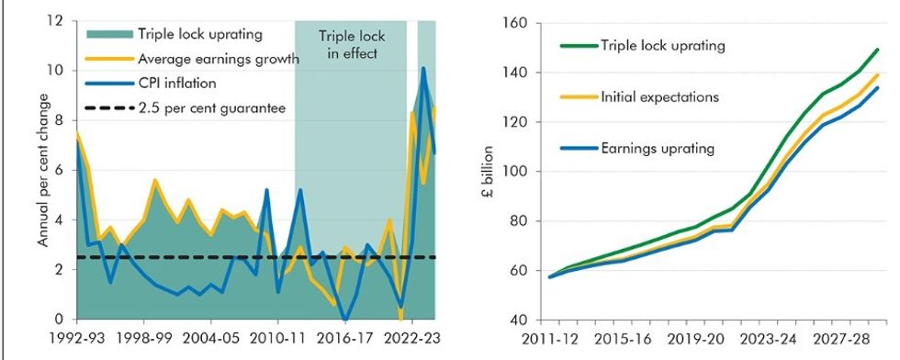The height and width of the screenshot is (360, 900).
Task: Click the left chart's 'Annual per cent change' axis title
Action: click(x=44, y=171)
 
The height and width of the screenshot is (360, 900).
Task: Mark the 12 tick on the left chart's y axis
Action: click(x=57, y=20)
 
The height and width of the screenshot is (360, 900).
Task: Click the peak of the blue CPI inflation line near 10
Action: click(x=423, y=68)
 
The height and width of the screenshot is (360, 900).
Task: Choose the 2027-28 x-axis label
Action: click(x=840, y=337)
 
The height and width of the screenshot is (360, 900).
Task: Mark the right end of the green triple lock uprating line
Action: click(x=878, y=50)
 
